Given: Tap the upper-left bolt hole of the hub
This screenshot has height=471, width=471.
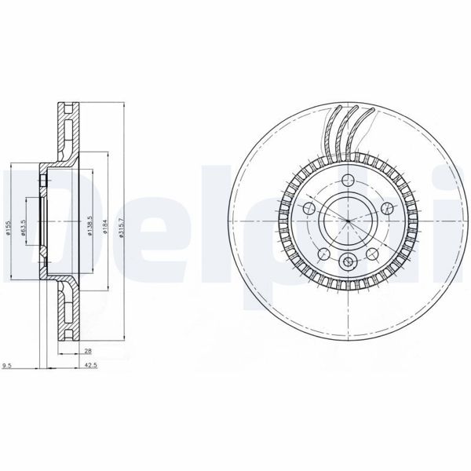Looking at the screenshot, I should [309, 208].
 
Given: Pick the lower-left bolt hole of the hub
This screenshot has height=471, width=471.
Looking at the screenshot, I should [323, 252].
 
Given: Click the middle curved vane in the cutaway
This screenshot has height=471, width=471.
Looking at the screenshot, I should [346, 133].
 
